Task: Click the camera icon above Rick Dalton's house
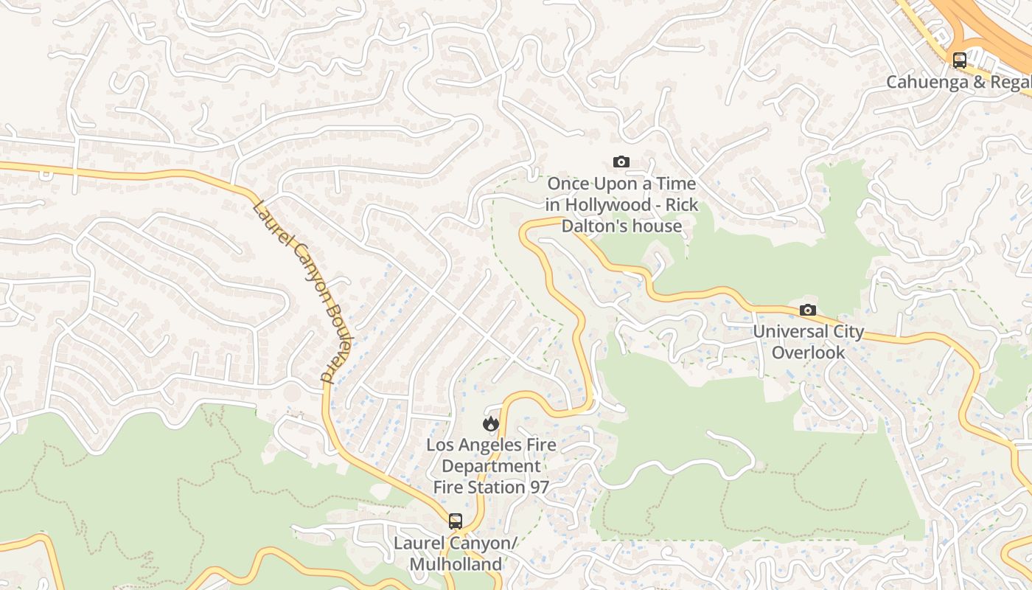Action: (x=621, y=162)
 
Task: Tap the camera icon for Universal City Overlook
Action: (x=808, y=310)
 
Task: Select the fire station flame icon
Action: (x=491, y=423)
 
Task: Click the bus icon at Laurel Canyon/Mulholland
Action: (x=456, y=521)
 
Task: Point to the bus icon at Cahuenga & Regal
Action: (x=959, y=60)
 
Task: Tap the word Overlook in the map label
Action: (x=808, y=353)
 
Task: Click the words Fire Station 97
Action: (x=491, y=487)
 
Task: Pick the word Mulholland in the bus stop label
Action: (x=456, y=564)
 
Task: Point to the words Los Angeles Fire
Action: (x=491, y=445)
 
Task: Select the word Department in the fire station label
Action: (x=491, y=466)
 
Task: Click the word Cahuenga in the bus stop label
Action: (x=927, y=82)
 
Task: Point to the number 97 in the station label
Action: (x=537, y=487)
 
